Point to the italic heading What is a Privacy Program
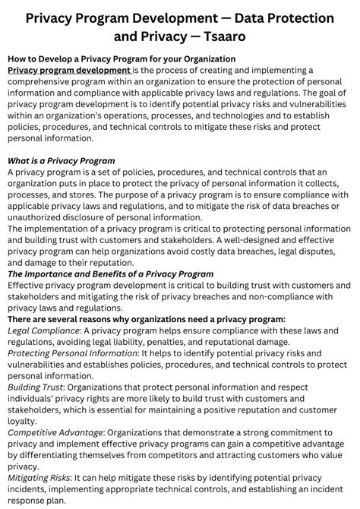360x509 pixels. point(61,161)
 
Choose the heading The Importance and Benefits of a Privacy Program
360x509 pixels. point(110,274)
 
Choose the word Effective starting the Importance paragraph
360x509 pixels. point(28,286)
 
